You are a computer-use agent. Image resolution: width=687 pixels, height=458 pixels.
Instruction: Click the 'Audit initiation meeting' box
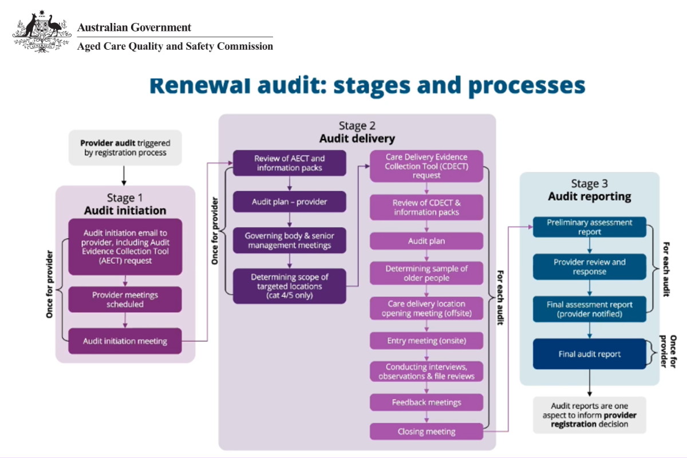click(x=125, y=341)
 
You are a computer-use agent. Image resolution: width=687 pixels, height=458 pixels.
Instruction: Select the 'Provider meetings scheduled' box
click(x=125, y=299)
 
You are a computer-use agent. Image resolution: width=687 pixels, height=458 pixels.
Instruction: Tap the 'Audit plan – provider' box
click(x=290, y=202)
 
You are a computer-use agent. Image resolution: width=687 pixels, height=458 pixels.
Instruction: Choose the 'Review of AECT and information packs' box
click(x=290, y=163)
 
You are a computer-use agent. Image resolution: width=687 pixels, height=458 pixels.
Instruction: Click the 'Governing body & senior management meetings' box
click(x=290, y=240)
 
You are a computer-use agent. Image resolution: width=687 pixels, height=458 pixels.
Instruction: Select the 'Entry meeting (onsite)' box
click(x=427, y=341)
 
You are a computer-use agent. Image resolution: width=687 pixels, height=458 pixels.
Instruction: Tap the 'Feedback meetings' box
click(x=427, y=402)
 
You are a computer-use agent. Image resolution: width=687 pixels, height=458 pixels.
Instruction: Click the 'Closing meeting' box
click(x=427, y=432)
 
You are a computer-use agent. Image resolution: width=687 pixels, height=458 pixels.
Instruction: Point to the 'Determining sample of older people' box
click(x=427, y=273)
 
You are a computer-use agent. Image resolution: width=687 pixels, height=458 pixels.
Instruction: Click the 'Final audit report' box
click(x=590, y=354)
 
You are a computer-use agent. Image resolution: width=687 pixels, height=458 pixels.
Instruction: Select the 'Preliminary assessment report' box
click(x=590, y=227)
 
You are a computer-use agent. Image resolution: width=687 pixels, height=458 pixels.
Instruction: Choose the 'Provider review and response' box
click(x=590, y=267)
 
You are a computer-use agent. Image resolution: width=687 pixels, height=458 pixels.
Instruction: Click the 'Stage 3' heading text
click(x=589, y=184)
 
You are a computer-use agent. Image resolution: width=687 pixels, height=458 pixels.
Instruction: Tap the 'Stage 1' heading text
click(x=125, y=198)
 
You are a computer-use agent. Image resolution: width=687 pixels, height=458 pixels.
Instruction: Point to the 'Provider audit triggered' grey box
click(x=125, y=148)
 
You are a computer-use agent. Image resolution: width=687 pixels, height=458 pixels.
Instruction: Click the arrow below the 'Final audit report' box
click(x=590, y=382)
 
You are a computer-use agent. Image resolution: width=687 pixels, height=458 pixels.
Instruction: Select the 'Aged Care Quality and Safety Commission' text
click(x=175, y=46)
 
